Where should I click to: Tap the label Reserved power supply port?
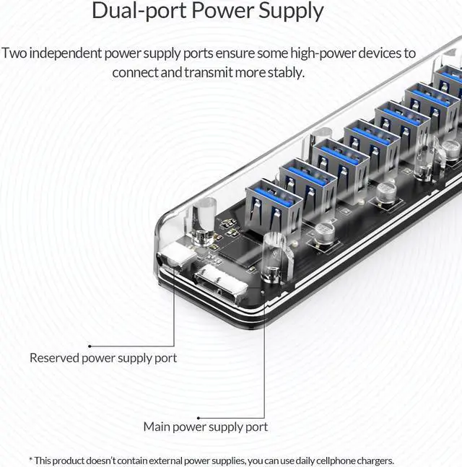point(103,357)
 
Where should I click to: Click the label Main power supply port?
point(205,427)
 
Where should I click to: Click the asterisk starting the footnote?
point(30,460)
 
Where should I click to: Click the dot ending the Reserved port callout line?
point(90,346)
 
